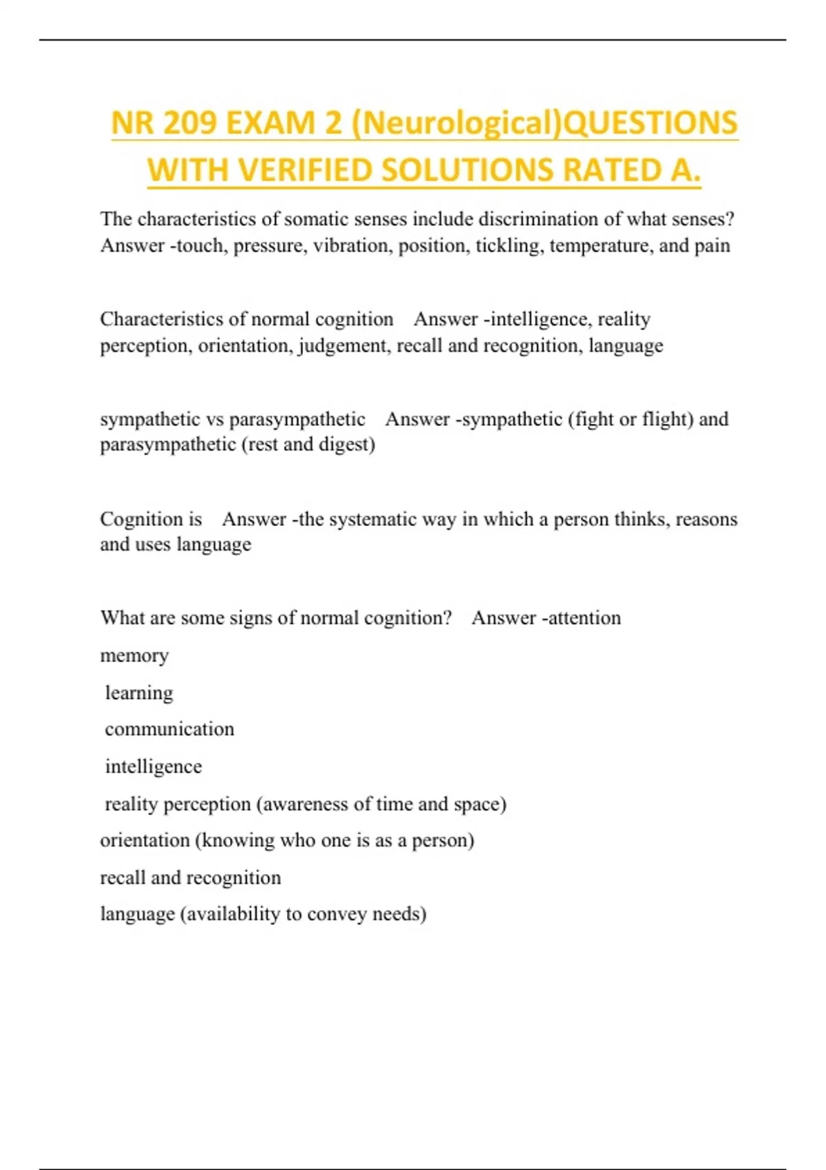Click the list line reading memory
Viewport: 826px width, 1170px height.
[134, 656]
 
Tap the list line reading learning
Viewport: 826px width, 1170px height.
[138, 693]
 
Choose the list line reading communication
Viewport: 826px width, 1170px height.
[169, 730]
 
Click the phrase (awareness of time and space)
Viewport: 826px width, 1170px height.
[381, 804]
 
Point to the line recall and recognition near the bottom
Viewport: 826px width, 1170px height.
[191, 877]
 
